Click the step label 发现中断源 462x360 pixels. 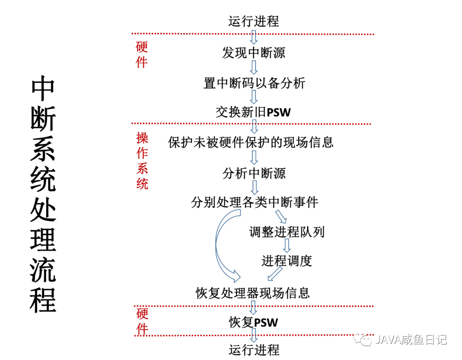tap(254, 53)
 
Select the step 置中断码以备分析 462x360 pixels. tap(254, 83)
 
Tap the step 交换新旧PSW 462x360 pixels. tap(253, 112)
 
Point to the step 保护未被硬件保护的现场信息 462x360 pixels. tap(251, 142)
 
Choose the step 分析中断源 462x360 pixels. tap(254, 173)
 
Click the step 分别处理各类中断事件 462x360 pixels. tap(255, 202)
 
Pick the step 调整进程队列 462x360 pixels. tap(287, 232)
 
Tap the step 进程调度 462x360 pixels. tap(287, 261)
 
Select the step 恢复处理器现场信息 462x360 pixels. tap(252, 293)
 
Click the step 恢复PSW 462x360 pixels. tap(253, 322)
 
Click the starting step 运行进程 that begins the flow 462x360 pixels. tap(254, 21)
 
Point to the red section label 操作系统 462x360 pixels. tap(142, 161)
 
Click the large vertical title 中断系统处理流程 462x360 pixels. tap(43, 195)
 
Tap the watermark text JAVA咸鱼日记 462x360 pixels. tap(411, 340)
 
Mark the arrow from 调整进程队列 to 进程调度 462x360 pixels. tap(287, 246)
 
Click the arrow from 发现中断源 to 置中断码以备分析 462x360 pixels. tap(254, 68)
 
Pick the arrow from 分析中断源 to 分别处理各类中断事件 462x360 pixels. tap(254, 187)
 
